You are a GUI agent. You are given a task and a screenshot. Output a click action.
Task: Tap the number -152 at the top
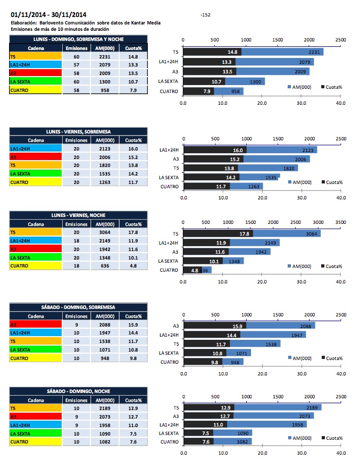(x=206, y=15)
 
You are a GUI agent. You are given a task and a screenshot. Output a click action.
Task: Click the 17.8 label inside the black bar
(x=245, y=233)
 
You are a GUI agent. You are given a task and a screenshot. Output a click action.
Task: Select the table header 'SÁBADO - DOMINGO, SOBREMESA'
(x=71, y=307)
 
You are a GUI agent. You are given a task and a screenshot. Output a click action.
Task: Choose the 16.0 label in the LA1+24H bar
(x=238, y=151)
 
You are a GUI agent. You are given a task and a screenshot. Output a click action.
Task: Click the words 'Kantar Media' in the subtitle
(x=144, y=23)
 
